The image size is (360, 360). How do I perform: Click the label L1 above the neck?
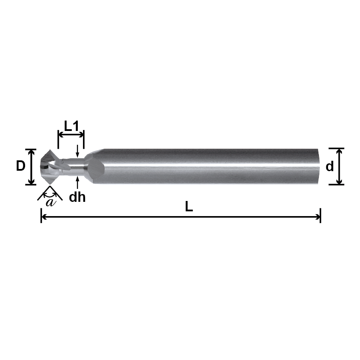click(71, 126)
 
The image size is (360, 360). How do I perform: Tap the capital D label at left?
click(20, 166)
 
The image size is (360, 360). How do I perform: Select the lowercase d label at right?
click(330, 166)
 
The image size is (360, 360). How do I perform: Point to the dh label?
click(77, 197)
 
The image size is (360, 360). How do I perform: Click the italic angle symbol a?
click(51, 202)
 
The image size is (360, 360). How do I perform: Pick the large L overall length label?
click(189, 207)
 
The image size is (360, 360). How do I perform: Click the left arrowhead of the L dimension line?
click(44, 217)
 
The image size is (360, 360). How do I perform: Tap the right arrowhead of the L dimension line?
click(318, 217)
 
